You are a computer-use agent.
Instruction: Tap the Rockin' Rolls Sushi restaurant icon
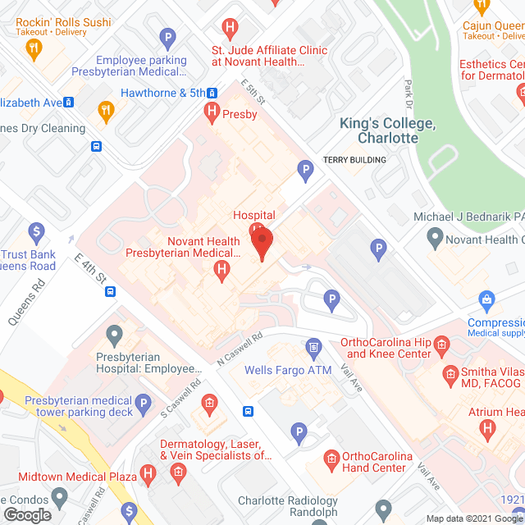[34, 50]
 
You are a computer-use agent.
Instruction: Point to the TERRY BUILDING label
[354, 160]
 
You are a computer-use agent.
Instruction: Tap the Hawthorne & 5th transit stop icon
[212, 93]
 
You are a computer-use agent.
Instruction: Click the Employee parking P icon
[168, 38]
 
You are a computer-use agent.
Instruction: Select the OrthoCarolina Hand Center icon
[332, 456]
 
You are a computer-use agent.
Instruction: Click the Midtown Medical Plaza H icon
[148, 473]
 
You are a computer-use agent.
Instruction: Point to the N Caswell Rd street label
[238, 349]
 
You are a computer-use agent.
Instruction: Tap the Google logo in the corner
[26, 515]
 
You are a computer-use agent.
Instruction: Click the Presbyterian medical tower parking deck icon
[144, 403]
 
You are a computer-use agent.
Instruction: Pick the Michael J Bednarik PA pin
[435, 240]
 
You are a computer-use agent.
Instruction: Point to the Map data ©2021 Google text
[477, 518]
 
